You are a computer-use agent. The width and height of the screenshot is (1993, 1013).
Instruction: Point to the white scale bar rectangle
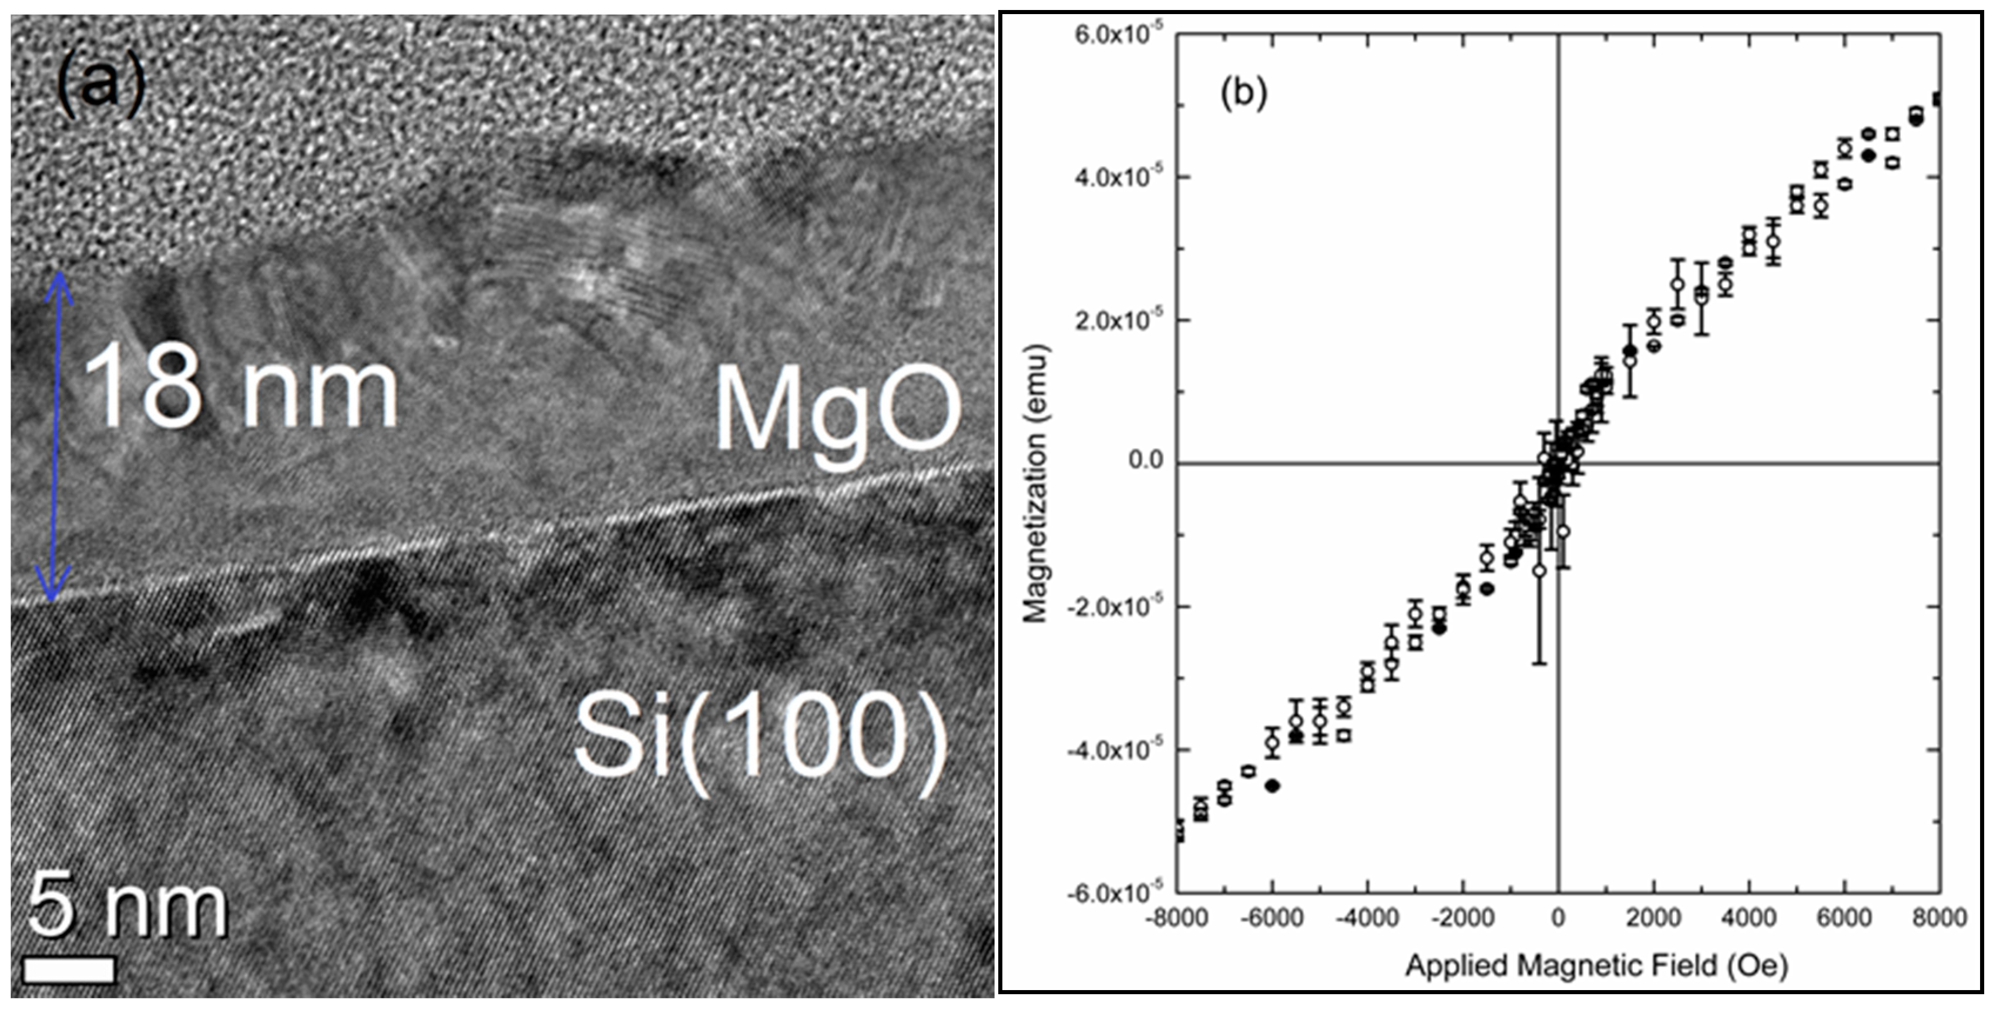[69, 970]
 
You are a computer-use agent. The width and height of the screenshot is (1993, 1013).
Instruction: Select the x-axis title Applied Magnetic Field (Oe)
[1596, 965]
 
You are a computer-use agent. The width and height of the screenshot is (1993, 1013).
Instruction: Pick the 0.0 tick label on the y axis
[1145, 461]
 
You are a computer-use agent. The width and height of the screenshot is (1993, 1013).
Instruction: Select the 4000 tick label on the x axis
[1749, 918]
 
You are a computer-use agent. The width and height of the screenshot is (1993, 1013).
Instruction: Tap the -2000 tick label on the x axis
[1461, 918]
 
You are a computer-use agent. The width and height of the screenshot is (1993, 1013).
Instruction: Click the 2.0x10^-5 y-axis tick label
[1107, 319]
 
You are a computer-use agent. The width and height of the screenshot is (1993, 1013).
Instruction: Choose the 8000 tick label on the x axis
[1939, 918]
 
